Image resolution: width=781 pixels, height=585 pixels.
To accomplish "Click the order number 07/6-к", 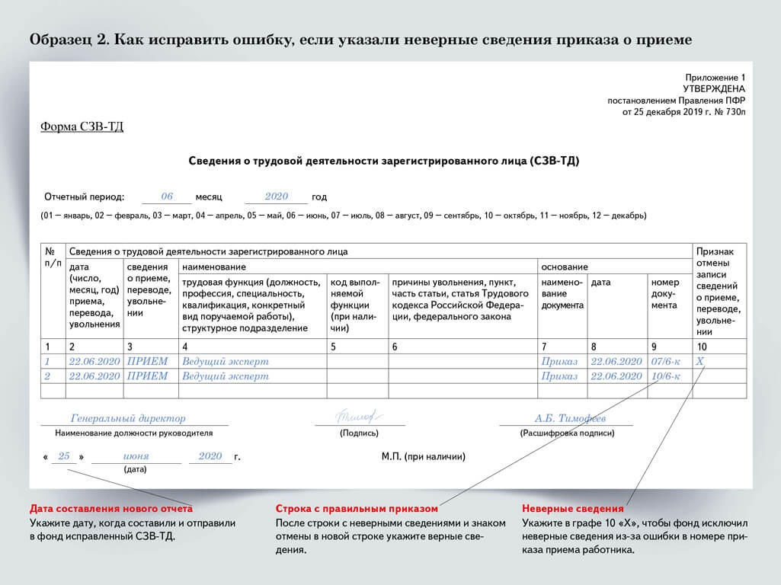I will [667, 362].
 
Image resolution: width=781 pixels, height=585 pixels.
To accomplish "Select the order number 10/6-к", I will [667, 376].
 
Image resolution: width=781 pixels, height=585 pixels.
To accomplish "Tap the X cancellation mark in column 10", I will [701, 362].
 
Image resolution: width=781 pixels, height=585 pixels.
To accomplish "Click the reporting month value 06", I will [167, 197].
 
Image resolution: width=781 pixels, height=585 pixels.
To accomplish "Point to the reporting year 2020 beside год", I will [276, 197].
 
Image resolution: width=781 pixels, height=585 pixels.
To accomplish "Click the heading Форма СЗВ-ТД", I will [82, 127].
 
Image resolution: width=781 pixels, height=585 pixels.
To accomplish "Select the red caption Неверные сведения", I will [572, 508].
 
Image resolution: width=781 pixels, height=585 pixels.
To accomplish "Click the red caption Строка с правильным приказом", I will [357, 508].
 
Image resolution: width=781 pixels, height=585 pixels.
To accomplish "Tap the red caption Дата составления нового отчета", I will [111, 508].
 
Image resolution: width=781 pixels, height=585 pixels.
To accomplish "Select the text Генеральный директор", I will [128, 418].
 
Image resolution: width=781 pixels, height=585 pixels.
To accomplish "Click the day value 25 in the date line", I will [64, 456].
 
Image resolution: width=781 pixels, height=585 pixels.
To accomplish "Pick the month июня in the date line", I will [136, 456].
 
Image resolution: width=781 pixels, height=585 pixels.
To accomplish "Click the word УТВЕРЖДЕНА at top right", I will [715, 88].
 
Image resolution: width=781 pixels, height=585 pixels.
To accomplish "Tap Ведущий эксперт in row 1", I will [226, 362].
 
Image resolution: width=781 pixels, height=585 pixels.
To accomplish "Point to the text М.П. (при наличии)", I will [423, 457].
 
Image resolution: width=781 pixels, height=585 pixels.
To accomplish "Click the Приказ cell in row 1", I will [559, 362].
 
